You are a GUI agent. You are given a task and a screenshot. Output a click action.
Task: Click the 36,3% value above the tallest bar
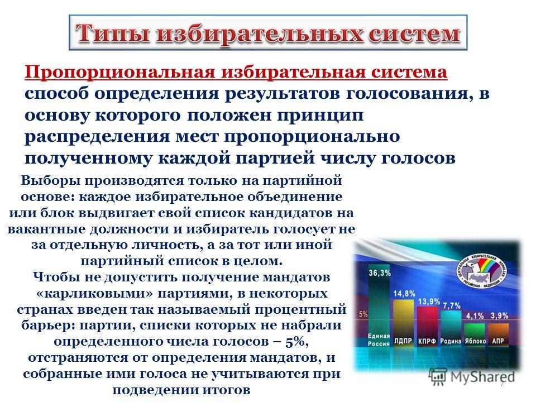coord(380,273)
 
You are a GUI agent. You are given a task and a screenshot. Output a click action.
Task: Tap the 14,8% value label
coord(404,294)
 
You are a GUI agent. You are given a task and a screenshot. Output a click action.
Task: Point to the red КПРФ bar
coord(427,322)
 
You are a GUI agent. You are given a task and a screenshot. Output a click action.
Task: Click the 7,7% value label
coord(452,305)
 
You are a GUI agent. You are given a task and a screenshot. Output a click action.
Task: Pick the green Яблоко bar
coord(475,330)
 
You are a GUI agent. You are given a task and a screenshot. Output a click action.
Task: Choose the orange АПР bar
coord(499,330)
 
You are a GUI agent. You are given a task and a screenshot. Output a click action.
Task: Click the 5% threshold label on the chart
coord(363,314)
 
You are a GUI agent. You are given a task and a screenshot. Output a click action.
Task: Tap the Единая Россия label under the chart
coord(379,340)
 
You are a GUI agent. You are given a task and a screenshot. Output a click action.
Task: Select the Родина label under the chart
coord(451,341)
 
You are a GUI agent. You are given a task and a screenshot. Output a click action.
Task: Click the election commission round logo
coord(482,272)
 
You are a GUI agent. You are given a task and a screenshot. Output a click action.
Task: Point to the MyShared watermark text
coord(482,377)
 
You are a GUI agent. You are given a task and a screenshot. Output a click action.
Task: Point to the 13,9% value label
coord(429,301)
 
